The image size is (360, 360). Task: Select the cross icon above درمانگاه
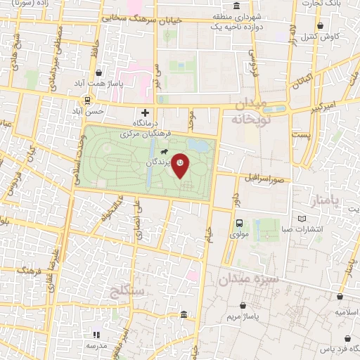(x=145, y=112)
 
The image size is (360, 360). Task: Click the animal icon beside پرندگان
(x=164, y=153)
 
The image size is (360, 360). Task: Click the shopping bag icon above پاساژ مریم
(x=243, y=307)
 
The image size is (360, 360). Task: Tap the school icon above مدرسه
(x=97, y=335)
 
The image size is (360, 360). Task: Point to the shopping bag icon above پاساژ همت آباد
(x=98, y=72)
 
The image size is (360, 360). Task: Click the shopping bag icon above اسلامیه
(x=340, y=298)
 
